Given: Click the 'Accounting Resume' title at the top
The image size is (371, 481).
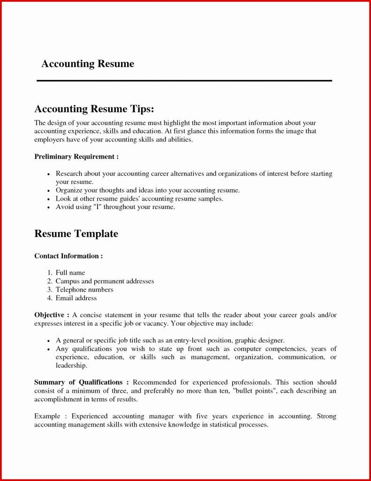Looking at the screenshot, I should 88,64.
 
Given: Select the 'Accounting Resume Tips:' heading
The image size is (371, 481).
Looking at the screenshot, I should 94,109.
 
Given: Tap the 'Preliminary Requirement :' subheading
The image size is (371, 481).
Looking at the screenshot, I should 76,156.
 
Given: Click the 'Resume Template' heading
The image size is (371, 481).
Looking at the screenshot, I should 76,233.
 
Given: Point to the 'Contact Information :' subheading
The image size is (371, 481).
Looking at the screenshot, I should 68,256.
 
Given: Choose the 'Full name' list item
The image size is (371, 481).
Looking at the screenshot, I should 70,272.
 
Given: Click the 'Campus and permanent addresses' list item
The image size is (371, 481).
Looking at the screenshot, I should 105,281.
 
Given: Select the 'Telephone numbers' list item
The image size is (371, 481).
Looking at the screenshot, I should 84,289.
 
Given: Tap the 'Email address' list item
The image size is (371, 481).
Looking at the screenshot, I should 76,298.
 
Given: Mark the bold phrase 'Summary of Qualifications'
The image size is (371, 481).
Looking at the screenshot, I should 78,382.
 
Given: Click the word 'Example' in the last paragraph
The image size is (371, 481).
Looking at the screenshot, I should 48,416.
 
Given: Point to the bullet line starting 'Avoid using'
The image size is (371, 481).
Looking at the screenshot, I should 115,207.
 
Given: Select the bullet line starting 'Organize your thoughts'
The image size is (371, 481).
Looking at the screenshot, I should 148,190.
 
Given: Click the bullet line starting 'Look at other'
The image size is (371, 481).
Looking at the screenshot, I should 139,199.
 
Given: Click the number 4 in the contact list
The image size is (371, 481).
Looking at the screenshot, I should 49,298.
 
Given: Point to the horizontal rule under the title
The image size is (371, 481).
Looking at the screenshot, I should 184,81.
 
